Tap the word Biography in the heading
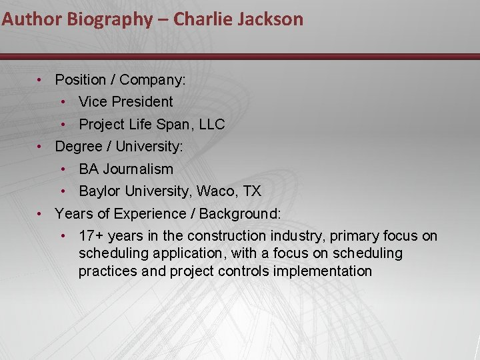109,19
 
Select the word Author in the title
31,19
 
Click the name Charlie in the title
197,19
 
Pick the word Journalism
138,169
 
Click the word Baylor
98,191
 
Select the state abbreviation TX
252,191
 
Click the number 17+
91,236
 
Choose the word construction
227,236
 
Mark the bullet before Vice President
63,102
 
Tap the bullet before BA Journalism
63,169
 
